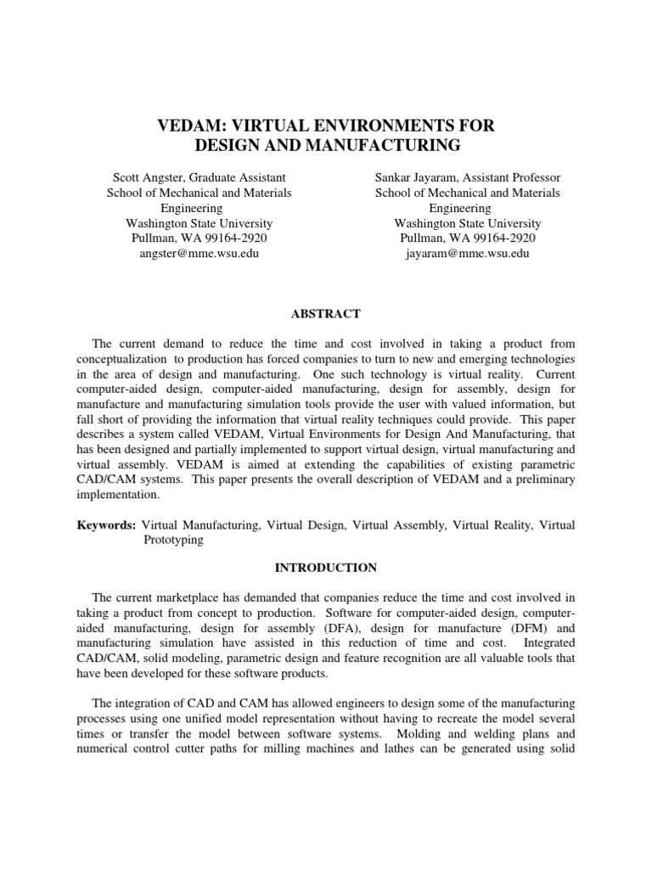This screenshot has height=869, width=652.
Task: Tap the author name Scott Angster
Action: (149, 177)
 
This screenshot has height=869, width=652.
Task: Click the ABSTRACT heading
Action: (325, 314)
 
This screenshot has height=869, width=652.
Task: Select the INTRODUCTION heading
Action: (325, 567)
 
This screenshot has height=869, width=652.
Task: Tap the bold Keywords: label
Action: (105, 525)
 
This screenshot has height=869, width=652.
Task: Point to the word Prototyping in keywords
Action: (172, 540)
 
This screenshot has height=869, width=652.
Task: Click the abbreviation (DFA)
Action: (344, 629)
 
